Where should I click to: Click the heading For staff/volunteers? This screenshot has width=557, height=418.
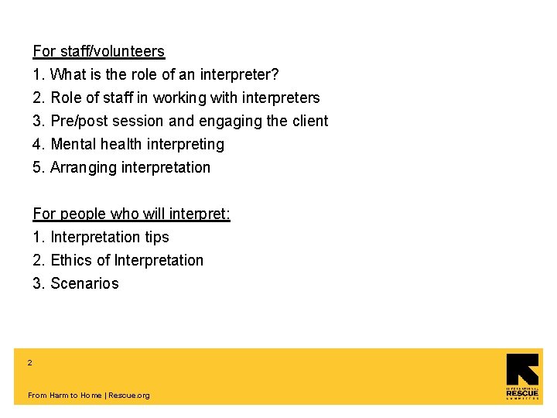pos(98,52)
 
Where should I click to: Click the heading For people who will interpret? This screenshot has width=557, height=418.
pos(131,214)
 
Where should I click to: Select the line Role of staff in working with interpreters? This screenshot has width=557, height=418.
pos(184,98)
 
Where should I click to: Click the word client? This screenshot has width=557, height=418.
pos(310,122)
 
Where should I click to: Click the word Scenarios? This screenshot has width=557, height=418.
pos(84,284)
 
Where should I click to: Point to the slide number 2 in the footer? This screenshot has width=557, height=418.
pos(30,362)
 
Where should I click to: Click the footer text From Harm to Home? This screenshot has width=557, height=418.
pos(64,396)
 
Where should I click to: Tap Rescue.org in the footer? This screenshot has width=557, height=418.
pos(129,396)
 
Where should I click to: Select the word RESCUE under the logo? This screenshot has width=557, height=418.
pos(522,393)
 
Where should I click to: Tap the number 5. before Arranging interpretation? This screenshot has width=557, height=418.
pos(39,168)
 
